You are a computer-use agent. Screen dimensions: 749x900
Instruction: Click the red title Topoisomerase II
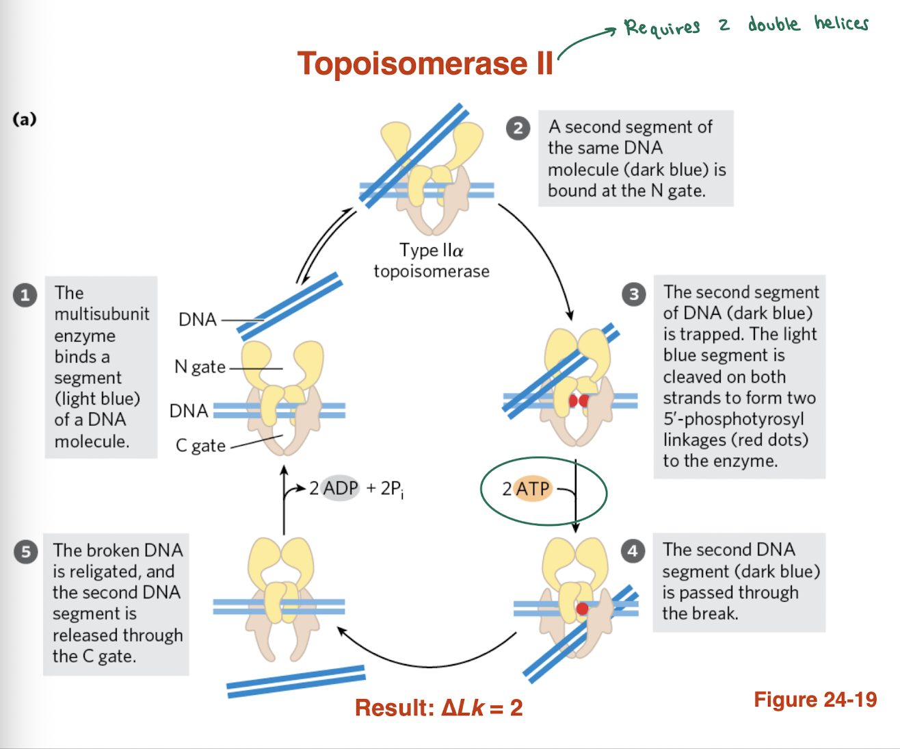(x=425, y=64)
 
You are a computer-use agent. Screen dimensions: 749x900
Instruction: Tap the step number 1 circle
(x=25, y=295)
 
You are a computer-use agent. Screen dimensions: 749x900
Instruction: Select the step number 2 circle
(x=518, y=128)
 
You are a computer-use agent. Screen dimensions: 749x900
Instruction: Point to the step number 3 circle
(x=633, y=294)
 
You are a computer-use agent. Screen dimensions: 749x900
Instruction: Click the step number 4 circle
(x=633, y=551)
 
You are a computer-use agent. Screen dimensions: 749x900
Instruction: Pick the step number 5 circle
(x=25, y=552)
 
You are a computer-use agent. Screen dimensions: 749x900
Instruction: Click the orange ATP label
(x=533, y=489)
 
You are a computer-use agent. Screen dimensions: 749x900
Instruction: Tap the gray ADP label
(x=341, y=488)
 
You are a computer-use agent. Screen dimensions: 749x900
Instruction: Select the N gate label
(x=200, y=367)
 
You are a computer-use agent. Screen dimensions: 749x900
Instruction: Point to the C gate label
(x=200, y=446)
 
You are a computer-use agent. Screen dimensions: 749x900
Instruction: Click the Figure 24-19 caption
(x=815, y=699)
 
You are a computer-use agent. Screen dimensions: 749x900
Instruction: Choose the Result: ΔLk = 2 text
(x=438, y=707)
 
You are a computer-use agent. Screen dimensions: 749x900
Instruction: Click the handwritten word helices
(x=841, y=24)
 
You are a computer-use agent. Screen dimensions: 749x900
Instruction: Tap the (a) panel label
(x=25, y=119)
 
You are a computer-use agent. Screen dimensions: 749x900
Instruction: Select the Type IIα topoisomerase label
(x=432, y=261)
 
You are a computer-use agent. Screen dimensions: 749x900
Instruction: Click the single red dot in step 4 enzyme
(x=582, y=609)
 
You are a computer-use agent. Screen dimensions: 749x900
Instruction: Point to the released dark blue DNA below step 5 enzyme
(x=295, y=681)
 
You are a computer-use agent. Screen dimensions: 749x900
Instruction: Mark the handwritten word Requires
(x=662, y=28)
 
